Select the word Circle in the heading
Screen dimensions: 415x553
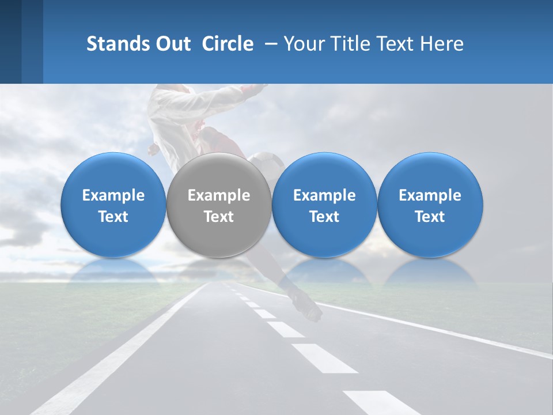228,44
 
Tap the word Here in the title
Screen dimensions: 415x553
442,44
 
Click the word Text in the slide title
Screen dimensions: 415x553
397,44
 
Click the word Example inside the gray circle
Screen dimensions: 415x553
219,195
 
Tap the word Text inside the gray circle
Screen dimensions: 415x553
219,217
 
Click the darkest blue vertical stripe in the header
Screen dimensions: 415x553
10,41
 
